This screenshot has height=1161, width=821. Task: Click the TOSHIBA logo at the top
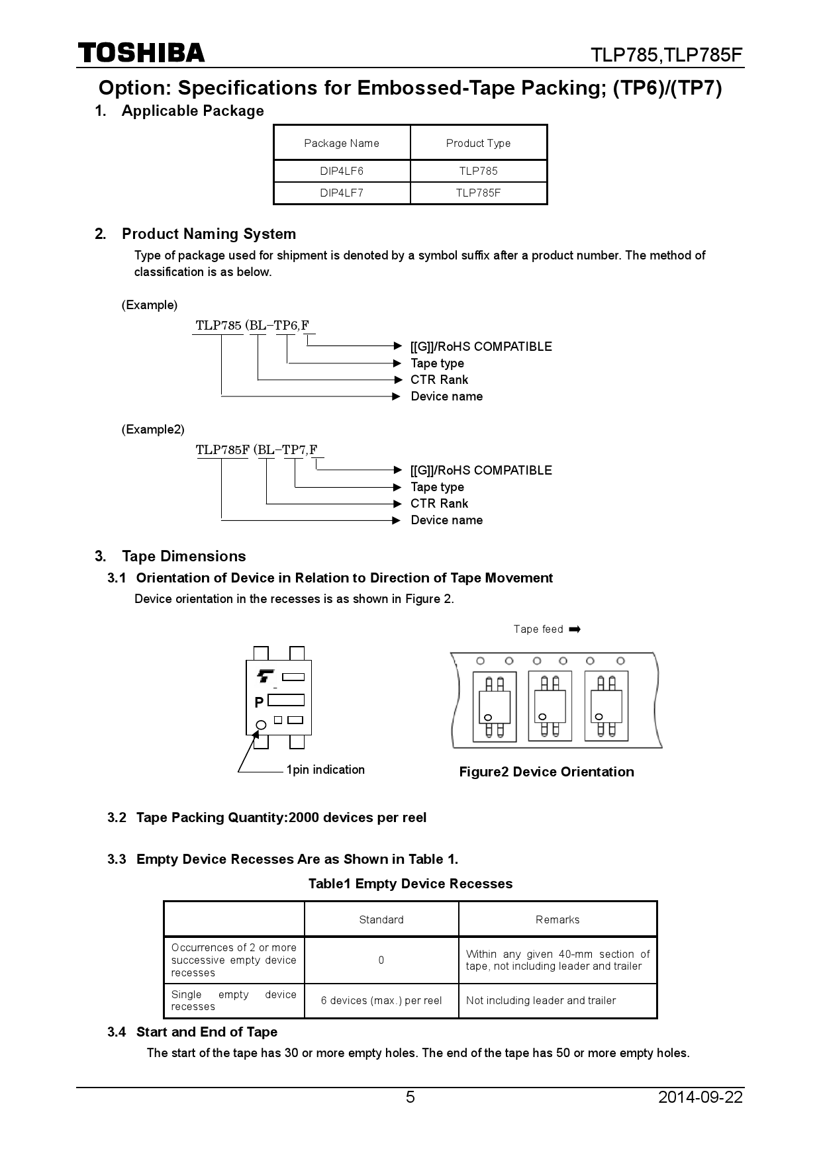141,53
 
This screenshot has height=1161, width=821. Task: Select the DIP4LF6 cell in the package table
342,171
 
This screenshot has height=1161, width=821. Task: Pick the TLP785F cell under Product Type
478,193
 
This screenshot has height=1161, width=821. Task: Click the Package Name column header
342,143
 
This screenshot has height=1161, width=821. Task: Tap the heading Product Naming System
209,234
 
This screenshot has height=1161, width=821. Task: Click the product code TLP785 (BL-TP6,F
252,326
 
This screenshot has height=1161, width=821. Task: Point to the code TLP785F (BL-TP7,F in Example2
256,450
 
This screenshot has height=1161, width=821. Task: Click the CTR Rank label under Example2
439,504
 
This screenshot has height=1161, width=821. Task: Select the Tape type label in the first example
437,363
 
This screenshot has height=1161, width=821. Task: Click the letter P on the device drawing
259,702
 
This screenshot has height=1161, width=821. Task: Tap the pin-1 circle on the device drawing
261,725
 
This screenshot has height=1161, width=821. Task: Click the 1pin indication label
325,770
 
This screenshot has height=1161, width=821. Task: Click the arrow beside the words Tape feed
575,629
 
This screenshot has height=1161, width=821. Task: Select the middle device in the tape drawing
550,706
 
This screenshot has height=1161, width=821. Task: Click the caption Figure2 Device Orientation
546,772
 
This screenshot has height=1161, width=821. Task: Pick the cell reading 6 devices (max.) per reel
381,1000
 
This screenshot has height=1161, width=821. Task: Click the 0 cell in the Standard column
381,960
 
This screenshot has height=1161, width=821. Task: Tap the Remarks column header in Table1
557,919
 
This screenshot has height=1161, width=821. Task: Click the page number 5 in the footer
410,1097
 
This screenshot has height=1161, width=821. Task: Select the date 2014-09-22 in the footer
700,1097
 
